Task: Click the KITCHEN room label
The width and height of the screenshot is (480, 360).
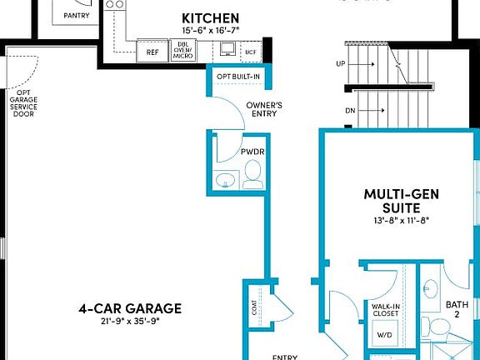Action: tap(211, 17)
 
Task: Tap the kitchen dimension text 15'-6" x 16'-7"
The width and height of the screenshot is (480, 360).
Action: tap(211, 31)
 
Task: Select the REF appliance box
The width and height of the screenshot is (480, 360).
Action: tap(152, 52)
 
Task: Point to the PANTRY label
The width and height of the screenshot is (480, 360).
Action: tap(78, 15)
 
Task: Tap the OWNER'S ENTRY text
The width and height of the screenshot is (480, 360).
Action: tap(264, 110)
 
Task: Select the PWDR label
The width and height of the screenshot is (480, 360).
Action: tap(252, 152)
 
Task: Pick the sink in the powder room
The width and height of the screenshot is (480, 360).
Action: tap(224, 180)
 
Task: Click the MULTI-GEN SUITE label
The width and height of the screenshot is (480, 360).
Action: tap(397, 201)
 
